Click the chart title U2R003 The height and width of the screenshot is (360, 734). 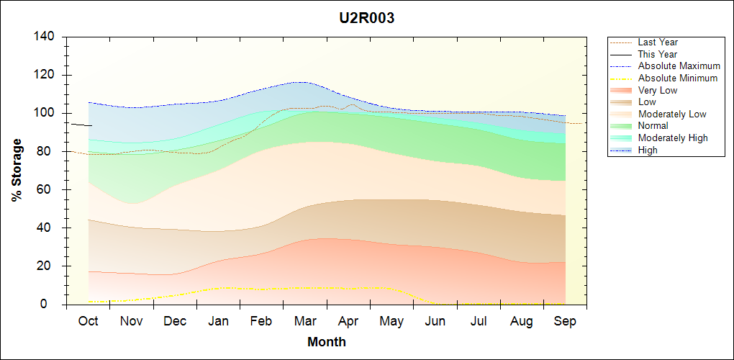tap(367, 19)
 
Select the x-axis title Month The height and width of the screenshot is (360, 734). tap(326, 342)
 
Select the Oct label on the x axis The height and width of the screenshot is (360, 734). tap(88, 321)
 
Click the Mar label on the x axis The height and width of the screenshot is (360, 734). tap(305, 321)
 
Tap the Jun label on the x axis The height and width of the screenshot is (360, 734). tap(435, 321)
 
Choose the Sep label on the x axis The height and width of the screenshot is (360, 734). tap(565, 321)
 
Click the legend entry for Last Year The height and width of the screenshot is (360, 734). tap(658, 42)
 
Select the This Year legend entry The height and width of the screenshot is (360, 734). tap(658, 54)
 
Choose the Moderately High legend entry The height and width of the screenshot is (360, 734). tap(673, 138)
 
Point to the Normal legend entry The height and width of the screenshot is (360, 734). tap(653, 126)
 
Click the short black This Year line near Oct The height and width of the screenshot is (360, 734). tap(81, 125)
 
